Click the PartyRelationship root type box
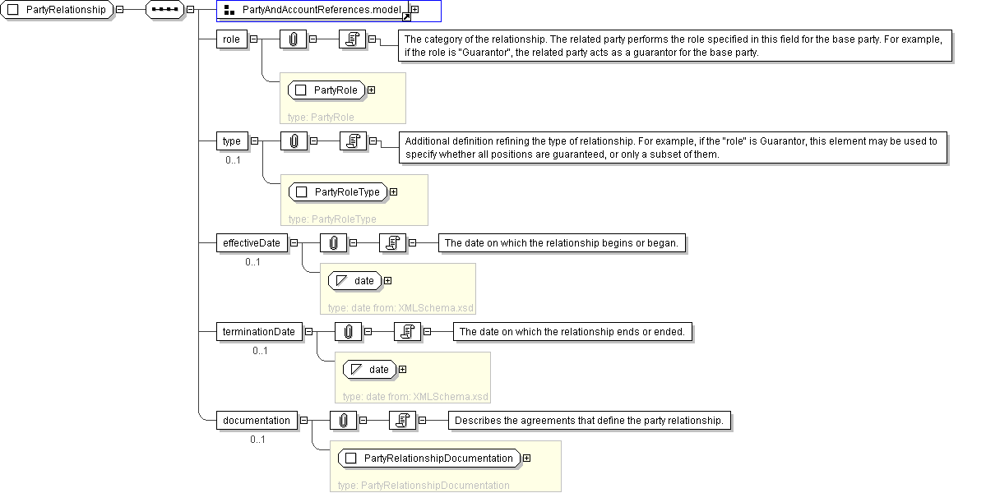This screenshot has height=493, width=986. coord(57,10)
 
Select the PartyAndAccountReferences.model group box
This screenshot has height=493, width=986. coord(313,10)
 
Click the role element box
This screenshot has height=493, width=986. coord(231,39)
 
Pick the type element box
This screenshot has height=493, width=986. coord(232,141)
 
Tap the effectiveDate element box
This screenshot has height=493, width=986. coord(252,243)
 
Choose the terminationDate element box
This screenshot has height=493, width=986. coord(259,332)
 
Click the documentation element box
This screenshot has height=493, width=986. coord(257,420)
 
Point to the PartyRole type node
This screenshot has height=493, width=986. coord(327,90)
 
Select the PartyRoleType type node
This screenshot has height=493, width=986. coord(338,192)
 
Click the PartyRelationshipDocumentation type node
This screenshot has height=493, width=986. coord(429,458)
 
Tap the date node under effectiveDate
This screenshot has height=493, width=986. coord(355,281)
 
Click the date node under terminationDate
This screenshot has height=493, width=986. coord(370,369)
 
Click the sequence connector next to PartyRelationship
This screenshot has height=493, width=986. coord(164,10)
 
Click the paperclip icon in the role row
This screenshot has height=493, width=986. coord(293,39)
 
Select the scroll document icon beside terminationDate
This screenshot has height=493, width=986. coord(408,332)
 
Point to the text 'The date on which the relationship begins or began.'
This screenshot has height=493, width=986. coord(562,243)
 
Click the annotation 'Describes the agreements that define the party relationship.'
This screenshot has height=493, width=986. coord(589,420)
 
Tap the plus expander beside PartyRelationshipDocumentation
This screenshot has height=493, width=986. coord(527,458)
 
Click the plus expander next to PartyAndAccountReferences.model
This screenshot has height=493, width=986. coord(415,9)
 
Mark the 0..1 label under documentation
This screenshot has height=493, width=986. coord(258,440)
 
